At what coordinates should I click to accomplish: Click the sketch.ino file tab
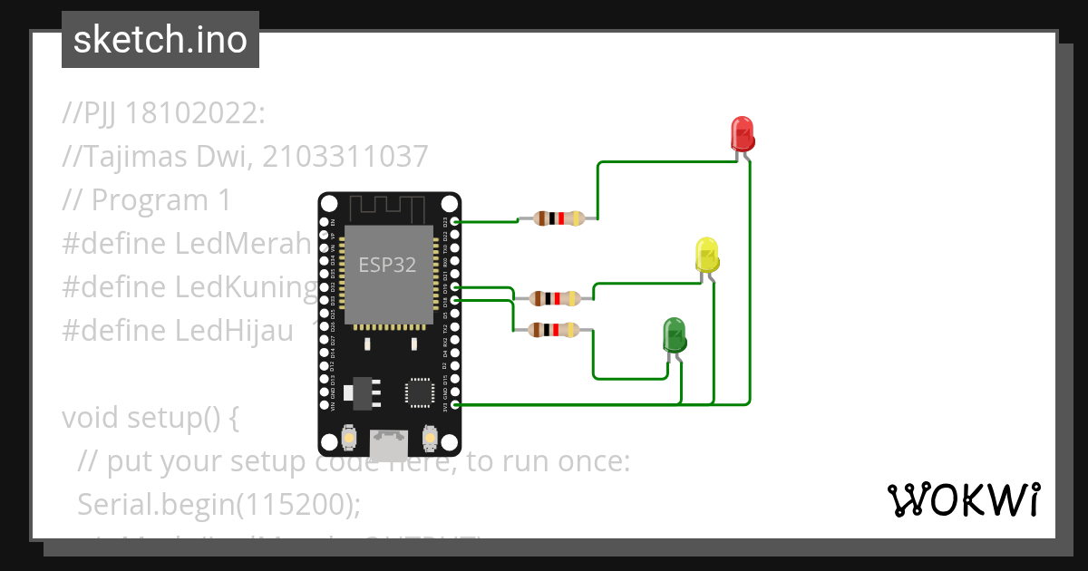click(160, 40)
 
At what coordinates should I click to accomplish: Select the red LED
click(743, 133)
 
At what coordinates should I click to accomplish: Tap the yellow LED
click(707, 255)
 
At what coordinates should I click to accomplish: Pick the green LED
click(674, 334)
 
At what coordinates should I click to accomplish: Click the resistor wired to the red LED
click(558, 218)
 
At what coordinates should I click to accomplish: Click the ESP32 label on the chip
click(387, 265)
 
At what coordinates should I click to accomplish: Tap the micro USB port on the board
click(388, 444)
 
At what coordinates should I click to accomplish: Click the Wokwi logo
click(963, 499)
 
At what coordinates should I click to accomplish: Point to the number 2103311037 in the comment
click(345, 157)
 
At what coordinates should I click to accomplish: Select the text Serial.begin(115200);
click(219, 503)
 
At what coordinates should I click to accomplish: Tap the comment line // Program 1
click(147, 200)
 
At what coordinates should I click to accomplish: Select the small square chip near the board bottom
click(419, 391)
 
